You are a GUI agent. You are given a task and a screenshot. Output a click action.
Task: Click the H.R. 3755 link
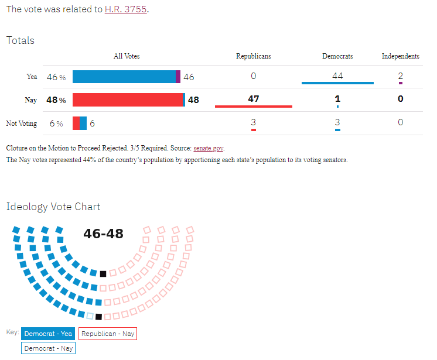click(125, 9)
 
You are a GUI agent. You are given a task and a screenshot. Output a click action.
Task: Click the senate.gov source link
click(208, 149)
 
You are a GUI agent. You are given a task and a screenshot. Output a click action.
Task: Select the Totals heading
click(21, 40)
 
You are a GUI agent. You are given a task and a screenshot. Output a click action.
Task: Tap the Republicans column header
click(253, 57)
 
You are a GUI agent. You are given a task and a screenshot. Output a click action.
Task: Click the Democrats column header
click(337, 57)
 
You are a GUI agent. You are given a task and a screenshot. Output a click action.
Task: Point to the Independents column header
click(400, 57)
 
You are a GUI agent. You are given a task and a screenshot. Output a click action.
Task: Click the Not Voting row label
click(22, 124)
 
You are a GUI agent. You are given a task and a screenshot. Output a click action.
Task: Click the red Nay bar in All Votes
click(128, 100)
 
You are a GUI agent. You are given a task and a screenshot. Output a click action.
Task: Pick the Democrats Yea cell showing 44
click(337, 76)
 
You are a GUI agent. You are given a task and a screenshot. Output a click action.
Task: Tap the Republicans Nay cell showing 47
click(253, 99)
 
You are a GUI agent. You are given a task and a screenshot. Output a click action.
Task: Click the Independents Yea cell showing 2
click(400, 76)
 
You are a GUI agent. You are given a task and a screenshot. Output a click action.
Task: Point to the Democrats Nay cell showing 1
click(337, 99)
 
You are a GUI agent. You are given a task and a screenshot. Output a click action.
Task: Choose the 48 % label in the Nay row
click(56, 100)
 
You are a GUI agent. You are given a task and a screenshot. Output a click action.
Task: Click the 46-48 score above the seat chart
click(103, 234)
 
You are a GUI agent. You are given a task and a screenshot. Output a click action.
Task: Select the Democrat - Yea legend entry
click(48, 334)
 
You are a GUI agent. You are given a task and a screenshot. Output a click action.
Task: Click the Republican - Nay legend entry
click(108, 334)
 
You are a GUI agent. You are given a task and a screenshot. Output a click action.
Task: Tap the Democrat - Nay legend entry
click(48, 348)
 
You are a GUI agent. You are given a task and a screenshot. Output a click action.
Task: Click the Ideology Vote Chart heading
click(53, 207)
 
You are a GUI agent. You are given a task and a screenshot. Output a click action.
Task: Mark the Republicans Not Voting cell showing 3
click(253, 122)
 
